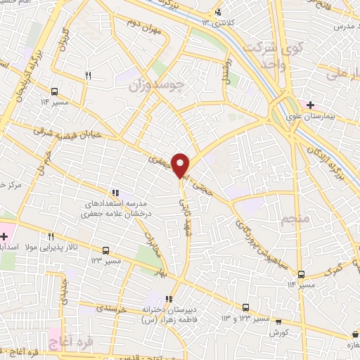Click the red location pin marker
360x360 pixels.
(181, 165)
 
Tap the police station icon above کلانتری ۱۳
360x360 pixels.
(219, 12)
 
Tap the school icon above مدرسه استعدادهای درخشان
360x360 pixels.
(115, 193)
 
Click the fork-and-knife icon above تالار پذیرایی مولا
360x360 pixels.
(51, 237)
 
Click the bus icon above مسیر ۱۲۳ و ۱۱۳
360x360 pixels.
(245, 307)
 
